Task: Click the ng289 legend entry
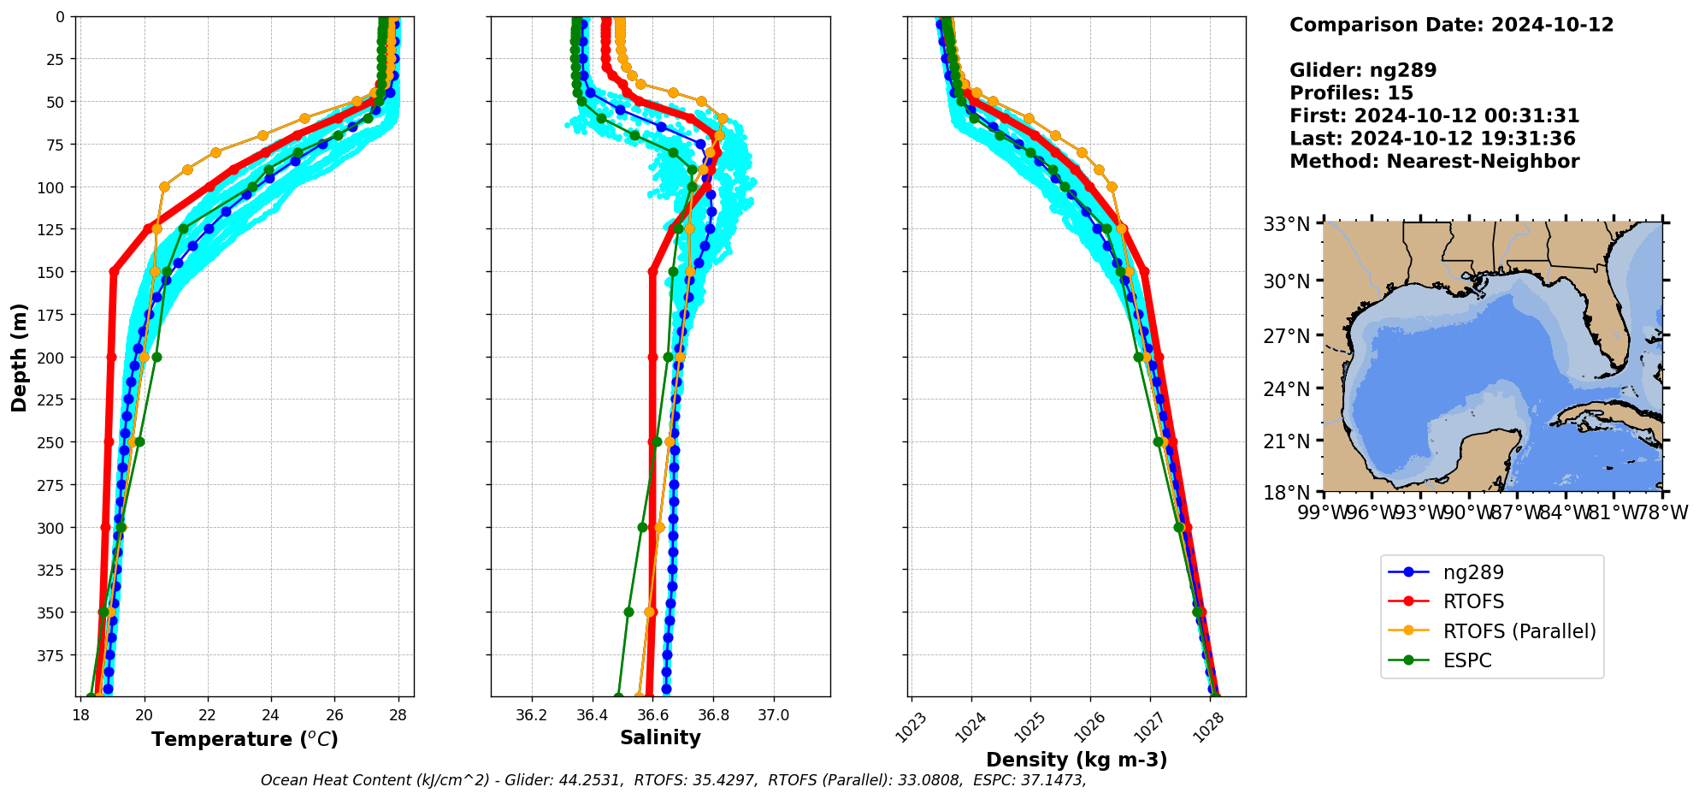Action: click(x=1472, y=572)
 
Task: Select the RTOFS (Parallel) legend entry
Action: click(x=1519, y=631)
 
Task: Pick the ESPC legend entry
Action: click(x=1466, y=660)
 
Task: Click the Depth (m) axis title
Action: click(x=19, y=357)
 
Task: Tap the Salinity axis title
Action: click(x=660, y=737)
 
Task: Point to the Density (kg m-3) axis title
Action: click(x=1076, y=760)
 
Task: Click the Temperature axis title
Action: click(x=245, y=739)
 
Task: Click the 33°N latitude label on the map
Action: click(x=1287, y=224)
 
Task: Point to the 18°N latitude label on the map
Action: click(x=1287, y=493)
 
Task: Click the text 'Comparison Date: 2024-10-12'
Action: click(x=1451, y=25)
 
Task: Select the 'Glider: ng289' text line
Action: click(x=1363, y=70)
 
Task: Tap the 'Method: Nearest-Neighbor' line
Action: click(x=1434, y=161)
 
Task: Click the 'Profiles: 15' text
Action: click(x=1351, y=93)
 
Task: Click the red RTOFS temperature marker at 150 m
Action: click(x=114, y=271)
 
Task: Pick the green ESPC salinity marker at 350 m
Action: click(x=628, y=612)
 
